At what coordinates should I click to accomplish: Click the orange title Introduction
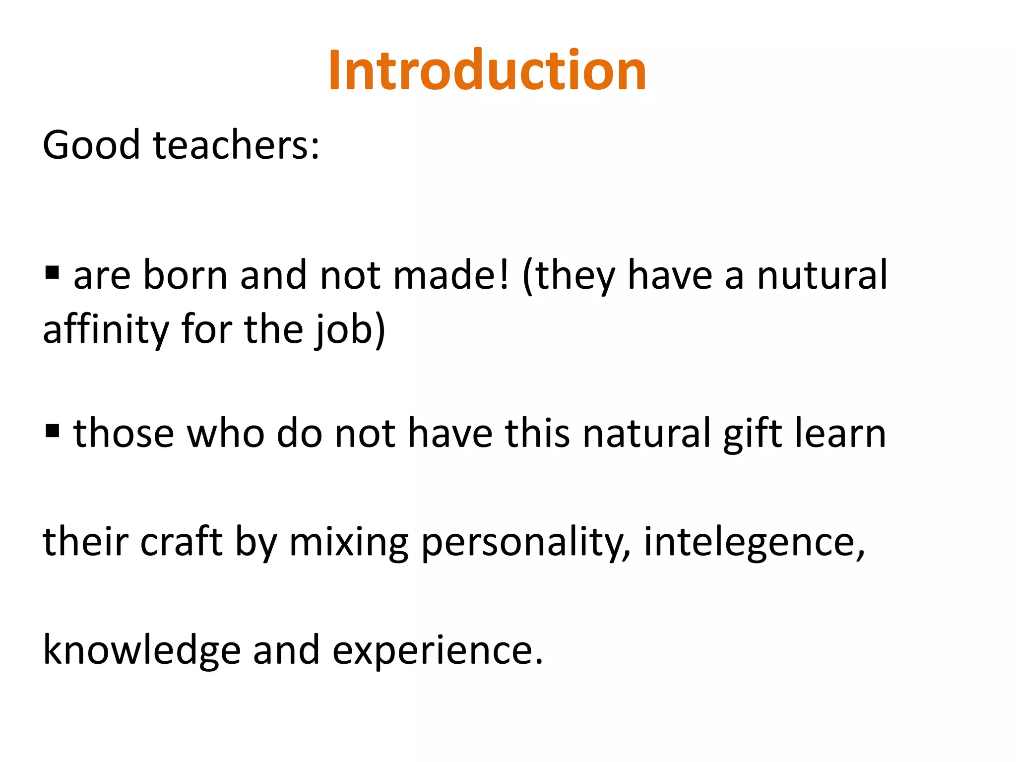point(487,70)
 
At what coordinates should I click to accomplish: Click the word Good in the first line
point(91,145)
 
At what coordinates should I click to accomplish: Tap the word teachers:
point(237,145)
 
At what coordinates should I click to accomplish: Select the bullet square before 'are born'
point(52,272)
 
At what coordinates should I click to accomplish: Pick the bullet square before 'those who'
point(52,431)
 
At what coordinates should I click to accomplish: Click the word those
point(124,434)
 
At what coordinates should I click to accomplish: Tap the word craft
point(182,542)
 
